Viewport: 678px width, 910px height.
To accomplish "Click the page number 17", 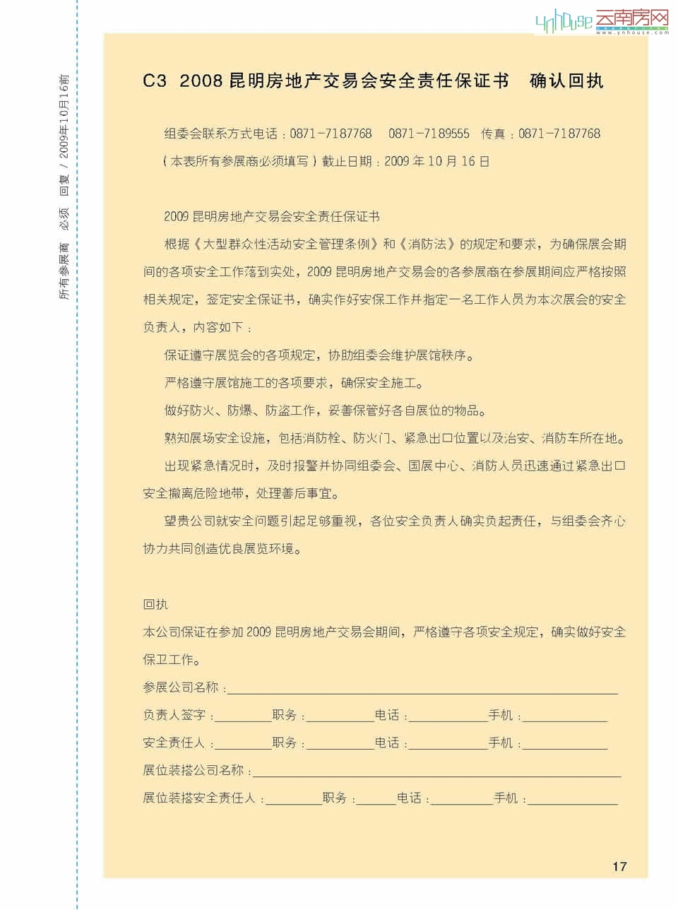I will (x=619, y=866).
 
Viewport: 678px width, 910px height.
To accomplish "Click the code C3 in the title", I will (x=155, y=81).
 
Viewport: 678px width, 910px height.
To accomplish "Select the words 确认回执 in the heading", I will (x=566, y=81).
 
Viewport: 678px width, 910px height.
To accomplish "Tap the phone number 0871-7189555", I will (x=429, y=134).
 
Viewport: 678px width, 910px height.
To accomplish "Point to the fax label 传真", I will (x=493, y=134).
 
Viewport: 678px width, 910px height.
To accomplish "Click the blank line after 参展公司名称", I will (x=422, y=688).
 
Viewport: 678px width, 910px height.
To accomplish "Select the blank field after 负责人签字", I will (x=243, y=716).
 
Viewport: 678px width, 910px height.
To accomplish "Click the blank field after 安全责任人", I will (x=243, y=743).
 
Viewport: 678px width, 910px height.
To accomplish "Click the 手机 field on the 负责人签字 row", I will (x=564, y=716).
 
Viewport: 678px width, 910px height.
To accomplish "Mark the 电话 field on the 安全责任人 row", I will (x=448, y=743).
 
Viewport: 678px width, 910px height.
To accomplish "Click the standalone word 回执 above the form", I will (x=155, y=604).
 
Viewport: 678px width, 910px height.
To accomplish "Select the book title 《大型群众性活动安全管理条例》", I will (x=285, y=244).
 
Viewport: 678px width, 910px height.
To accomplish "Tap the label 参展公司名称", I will (x=180, y=687).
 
